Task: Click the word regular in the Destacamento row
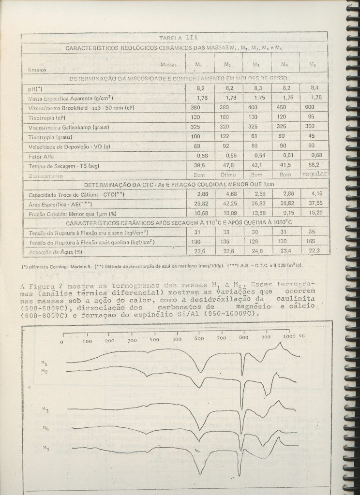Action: tap(315, 174)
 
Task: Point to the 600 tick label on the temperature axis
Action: tap(199, 338)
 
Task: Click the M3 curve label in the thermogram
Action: tap(45, 410)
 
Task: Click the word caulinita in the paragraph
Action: tap(294, 300)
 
